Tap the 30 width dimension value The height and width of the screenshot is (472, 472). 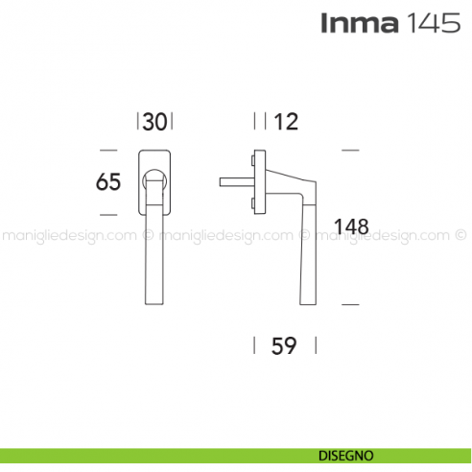pos(156,121)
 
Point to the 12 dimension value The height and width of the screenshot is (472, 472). pos(286,121)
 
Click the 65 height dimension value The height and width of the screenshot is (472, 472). pos(108,180)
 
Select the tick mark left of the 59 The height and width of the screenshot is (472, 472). pos(254,346)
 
